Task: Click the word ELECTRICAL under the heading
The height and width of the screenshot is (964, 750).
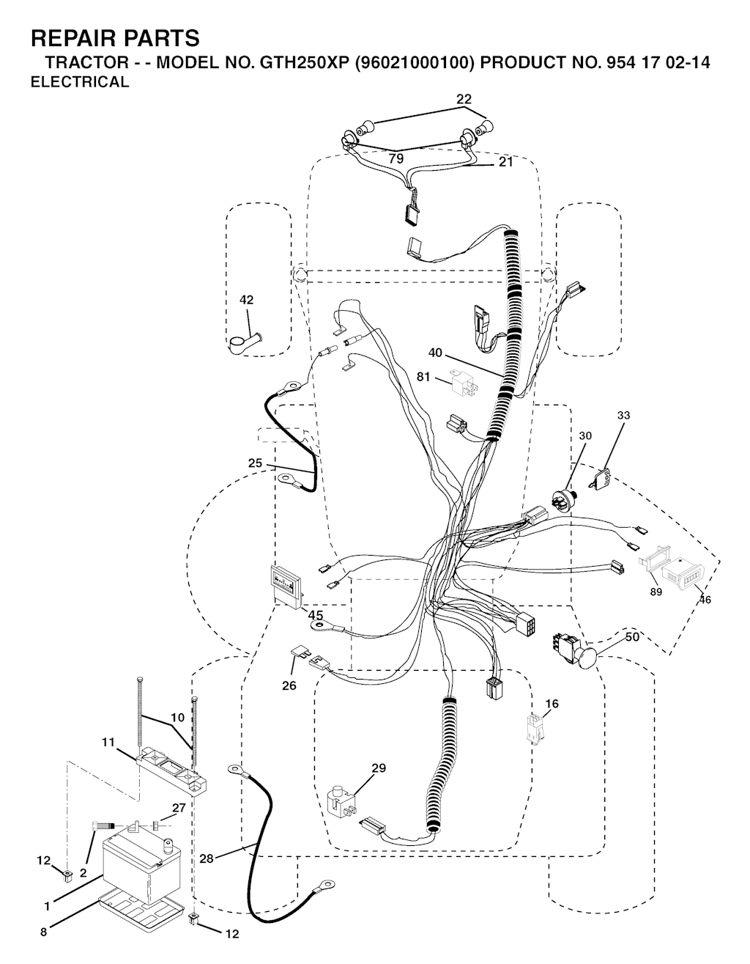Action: point(80,82)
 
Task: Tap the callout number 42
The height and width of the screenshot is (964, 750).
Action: point(246,300)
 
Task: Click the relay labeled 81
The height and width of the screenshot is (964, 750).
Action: point(464,381)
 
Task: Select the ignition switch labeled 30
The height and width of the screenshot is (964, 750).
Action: point(563,498)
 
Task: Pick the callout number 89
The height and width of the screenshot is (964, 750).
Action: point(656,592)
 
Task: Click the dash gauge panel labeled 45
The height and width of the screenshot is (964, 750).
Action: point(286,584)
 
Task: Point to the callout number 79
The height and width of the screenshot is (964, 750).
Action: point(396,159)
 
